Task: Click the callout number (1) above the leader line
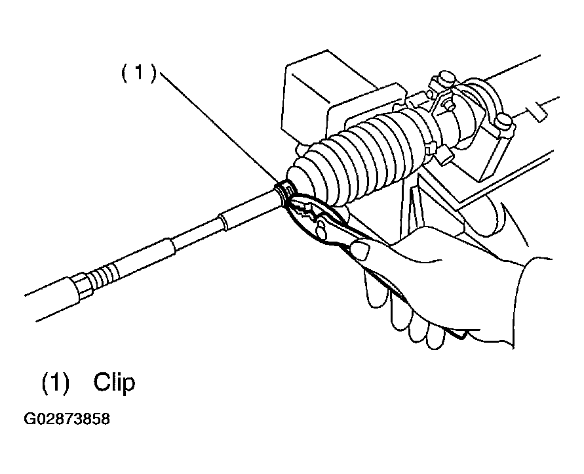(x=138, y=72)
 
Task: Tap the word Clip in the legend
(x=114, y=382)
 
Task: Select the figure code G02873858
(x=67, y=419)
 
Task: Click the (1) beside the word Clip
(x=56, y=383)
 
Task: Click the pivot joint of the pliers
(x=320, y=229)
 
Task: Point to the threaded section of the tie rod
(x=106, y=275)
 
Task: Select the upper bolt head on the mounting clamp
(x=447, y=77)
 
